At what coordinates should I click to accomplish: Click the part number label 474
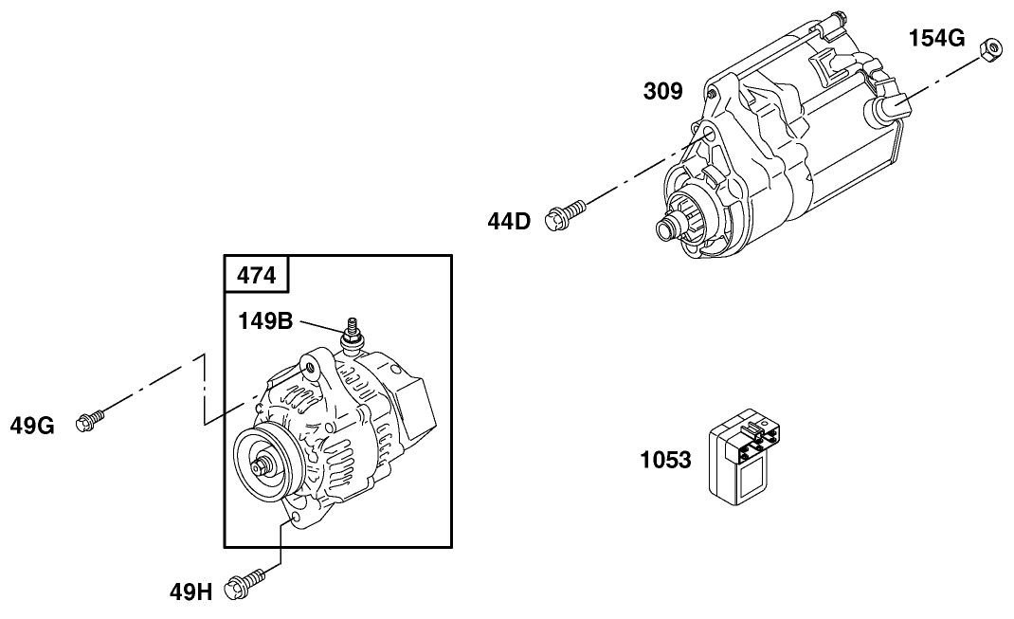(256, 275)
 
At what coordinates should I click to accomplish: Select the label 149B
(265, 320)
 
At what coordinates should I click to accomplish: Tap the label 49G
(32, 426)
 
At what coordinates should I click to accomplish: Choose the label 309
(662, 91)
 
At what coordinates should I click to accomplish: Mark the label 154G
(936, 38)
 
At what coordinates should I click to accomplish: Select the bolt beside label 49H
(244, 586)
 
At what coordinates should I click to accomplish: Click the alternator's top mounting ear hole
(305, 364)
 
